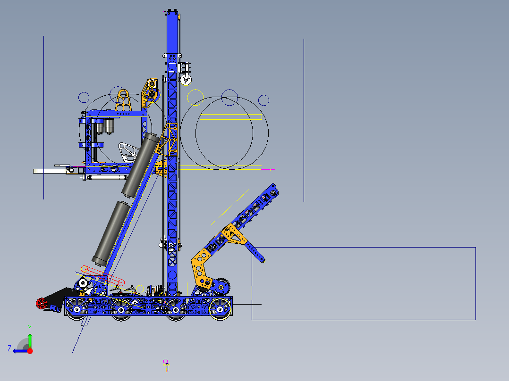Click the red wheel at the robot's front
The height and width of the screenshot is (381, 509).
(42, 303)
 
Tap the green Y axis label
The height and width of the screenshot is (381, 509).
(29, 327)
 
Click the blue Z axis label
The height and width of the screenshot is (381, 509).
(9, 348)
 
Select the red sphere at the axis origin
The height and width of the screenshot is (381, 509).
(30, 351)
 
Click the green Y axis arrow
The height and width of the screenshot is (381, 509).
(30, 340)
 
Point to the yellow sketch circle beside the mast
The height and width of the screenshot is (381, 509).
(195, 97)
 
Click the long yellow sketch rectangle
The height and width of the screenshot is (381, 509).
(231, 116)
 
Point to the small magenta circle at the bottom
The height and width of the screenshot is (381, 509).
(166, 362)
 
